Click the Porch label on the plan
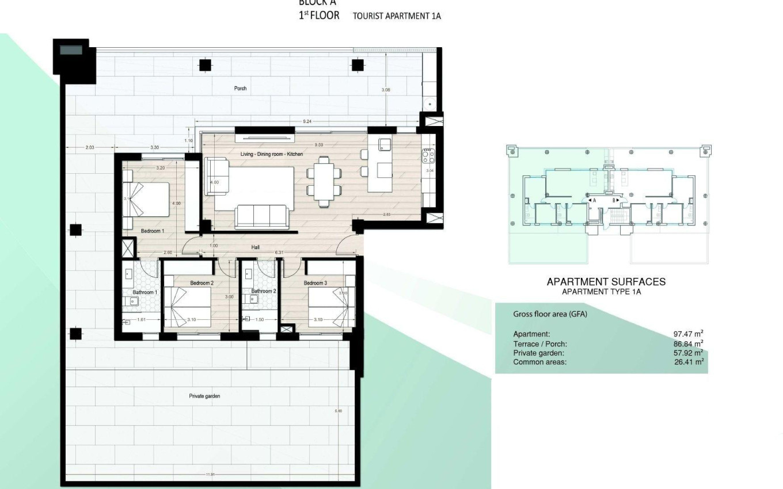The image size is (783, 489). pos(240,89)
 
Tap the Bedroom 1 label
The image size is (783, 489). pos(153,231)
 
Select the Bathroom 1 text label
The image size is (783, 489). pos(144,292)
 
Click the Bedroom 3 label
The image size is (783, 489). pos(315,283)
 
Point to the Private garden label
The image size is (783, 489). pos(204,396)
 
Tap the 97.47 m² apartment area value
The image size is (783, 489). pos(688,334)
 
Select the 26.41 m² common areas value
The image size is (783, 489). pos(688,362)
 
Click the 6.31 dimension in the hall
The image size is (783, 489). pos(279,253)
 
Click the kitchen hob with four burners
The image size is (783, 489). pos(428,155)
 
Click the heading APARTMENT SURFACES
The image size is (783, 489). pos(606,282)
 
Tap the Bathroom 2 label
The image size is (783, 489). pos(264,291)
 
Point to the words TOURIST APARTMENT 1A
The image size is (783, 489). pos(397,16)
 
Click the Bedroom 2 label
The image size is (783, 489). pos(202,283)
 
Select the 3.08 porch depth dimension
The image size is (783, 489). pos(386,90)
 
